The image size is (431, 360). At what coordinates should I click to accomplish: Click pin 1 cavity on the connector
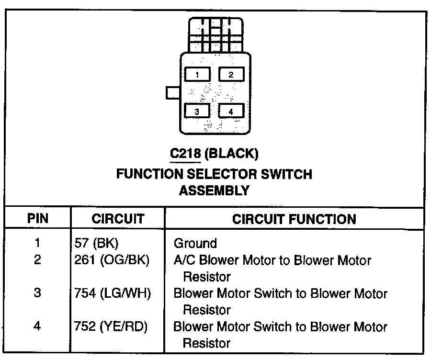(197, 74)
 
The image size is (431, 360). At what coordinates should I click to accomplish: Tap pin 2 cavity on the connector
(231, 74)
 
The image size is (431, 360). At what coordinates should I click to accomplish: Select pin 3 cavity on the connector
(197, 111)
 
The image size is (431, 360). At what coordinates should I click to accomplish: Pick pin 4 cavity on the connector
(231, 111)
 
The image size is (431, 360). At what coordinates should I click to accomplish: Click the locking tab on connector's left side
(172, 93)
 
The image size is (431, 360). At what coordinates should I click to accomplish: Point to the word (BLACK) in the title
(231, 154)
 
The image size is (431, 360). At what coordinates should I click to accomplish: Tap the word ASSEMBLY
(214, 191)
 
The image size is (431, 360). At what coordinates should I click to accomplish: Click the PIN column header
(38, 219)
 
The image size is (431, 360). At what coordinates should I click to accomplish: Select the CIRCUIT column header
(118, 219)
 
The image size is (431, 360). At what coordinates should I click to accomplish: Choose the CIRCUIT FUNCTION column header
(294, 219)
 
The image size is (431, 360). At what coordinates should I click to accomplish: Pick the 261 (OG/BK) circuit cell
(111, 260)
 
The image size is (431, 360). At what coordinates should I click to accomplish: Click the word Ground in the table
(195, 243)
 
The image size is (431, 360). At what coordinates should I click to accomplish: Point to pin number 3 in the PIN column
(37, 293)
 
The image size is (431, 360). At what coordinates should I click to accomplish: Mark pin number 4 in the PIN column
(37, 326)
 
